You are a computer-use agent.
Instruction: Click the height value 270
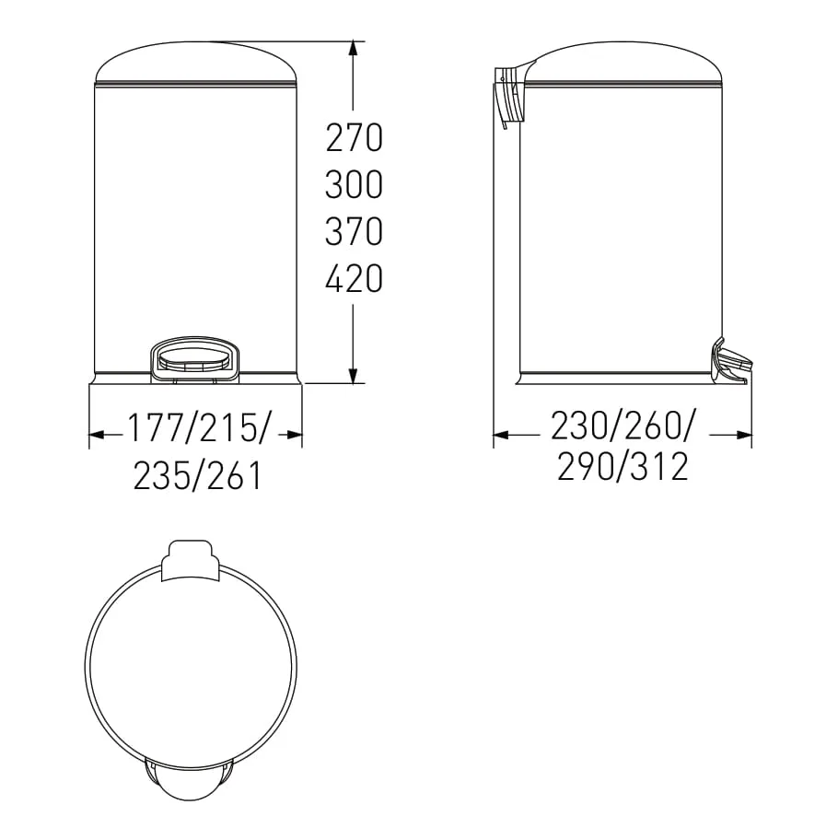(354, 137)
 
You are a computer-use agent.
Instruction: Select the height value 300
(354, 185)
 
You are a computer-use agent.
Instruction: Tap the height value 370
(354, 231)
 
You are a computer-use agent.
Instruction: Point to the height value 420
(354, 278)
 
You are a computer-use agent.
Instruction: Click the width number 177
(156, 428)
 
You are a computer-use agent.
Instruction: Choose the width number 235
(161, 475)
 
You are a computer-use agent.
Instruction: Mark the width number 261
(234, 475)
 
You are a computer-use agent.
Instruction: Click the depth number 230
(579, 426)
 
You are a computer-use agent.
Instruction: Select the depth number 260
(652, 426)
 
